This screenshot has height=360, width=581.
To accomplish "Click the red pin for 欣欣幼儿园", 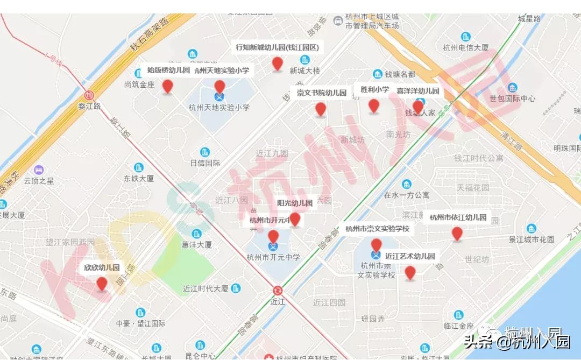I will point(102,283).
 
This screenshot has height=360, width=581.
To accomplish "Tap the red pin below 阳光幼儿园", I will point(295,218).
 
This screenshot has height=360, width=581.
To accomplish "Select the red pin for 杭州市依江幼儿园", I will point(457,233).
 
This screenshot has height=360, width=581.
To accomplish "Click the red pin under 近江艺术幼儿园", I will point(410,272).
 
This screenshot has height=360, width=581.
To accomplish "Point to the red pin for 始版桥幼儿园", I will point(168,86).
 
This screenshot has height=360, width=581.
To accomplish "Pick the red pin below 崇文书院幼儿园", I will point(321,109).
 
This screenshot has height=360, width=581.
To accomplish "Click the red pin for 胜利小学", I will point(374,105).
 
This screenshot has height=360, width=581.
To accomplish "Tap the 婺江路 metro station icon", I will point(89,95).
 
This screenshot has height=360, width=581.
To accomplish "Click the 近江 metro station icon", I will point(278,290).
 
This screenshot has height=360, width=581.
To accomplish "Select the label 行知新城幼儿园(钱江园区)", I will point(277,47).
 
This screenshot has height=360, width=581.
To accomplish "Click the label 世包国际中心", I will point(512,98).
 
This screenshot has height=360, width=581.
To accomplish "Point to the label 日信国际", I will point(205,163).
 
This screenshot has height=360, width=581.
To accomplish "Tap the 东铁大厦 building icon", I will point(139,167).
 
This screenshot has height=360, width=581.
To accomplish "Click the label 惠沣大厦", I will point(196,244).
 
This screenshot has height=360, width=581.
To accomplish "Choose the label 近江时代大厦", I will point(206,288).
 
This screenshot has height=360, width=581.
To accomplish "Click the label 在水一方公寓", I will point(407,195).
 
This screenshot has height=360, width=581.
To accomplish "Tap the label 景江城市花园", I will point(532,239).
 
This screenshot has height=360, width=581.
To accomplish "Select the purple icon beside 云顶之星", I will point(38,170).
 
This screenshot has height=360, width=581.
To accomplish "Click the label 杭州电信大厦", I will point(465,47).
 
